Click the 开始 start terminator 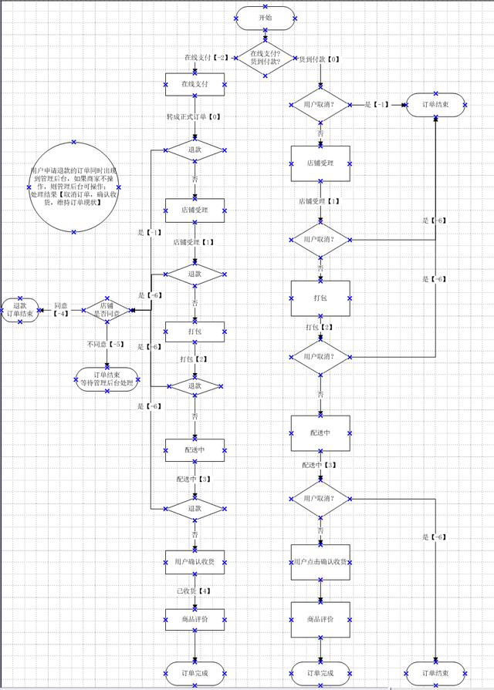pyautogui.click(x=266, y=16)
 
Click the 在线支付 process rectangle pyautogui.click(x=195, y=84)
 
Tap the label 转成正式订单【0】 pyautogui.click(x=194, y=117)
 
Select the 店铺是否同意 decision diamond pyautogui.click(x=107, y=309)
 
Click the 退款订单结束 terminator pyautogui.click(x=20, y=310)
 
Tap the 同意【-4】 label pyautogui.click(x=60, y=309)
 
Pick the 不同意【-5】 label pyautogui.click(x=104, y=345)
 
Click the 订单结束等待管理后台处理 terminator pyautogui.click(x=107, y=378)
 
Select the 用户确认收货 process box pyautogui.click(x=195, y=561)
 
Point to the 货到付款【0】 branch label pyautogui.click(x=319, y=59)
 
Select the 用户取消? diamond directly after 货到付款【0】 pyautogui.click(x=320, y=103)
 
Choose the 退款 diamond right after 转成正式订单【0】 pyautogui.click(x=195, y=150)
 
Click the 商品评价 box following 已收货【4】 pyautogui.click(x=195, y=619)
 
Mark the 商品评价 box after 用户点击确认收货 pyautogui.click(x=320, y=619)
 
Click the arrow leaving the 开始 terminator pyautogui.click(x=266, y=33)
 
